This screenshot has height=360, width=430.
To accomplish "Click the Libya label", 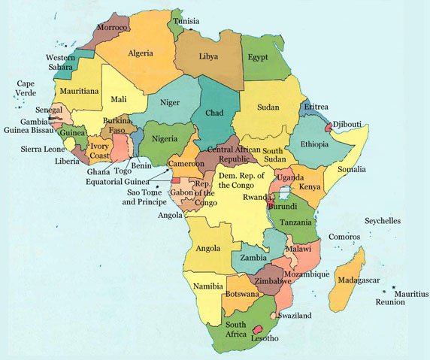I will point(210,56).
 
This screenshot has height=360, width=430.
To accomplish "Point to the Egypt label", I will point(259,57).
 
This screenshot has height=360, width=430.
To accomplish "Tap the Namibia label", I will point(207,286).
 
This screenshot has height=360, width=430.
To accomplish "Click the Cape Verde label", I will point(26,89).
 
